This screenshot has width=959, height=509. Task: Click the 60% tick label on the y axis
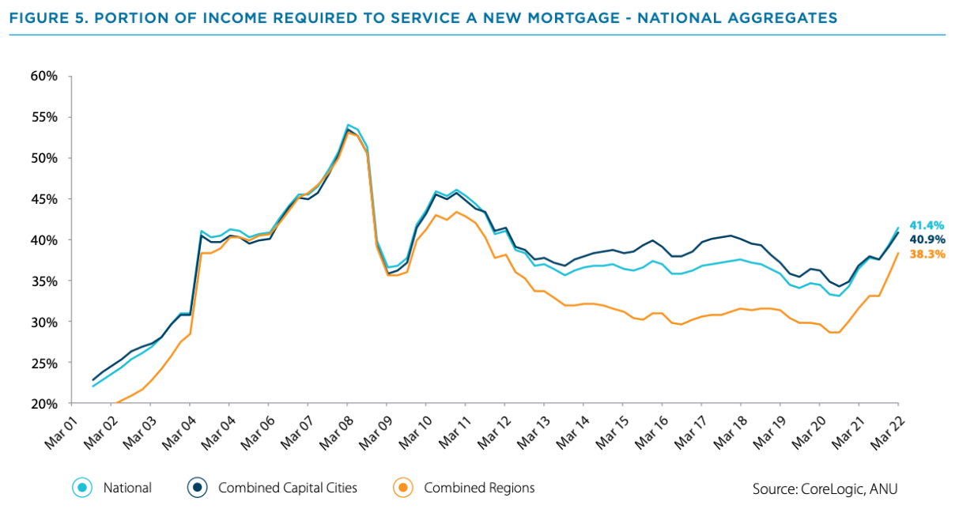(x=44, y=77)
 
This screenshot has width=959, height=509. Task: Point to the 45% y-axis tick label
(x=44, y=199)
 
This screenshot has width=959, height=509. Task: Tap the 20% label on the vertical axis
(x=44, y=404)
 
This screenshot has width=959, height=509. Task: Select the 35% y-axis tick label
(x=44, y=281)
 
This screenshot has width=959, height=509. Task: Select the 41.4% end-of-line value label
(x=927, y=225)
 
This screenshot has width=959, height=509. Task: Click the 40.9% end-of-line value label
(x=927, y=239)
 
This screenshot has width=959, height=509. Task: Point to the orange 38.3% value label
(x=927, y=254)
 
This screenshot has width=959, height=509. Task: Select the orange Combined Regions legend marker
(x=404, y=488)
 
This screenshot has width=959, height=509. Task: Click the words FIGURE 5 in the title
(x=47, y=17)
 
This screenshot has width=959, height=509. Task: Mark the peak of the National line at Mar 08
(x=348, y=125)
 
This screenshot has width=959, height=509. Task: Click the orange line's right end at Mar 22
(x=899, y=253)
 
